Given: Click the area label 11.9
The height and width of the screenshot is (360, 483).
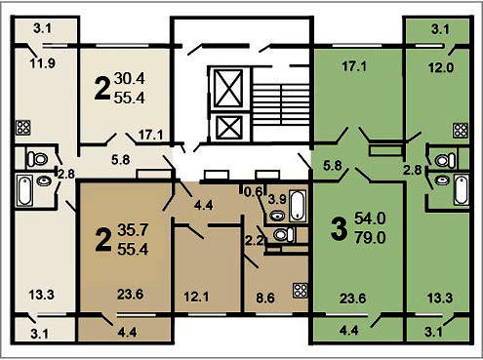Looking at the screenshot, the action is [x=43, y=62].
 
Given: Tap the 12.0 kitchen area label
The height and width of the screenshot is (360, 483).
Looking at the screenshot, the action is [x=440, y=67].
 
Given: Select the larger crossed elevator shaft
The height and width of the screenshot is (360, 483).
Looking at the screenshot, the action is [x=229, y=88].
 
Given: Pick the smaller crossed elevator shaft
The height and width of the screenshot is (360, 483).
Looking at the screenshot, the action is [x=229, y=128].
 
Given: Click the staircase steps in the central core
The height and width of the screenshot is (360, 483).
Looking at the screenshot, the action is [x=281, y=105].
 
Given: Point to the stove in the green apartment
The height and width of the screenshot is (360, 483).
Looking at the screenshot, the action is [x=461, y=130].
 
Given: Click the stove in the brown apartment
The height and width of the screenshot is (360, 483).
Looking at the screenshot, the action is [x=301, y=291].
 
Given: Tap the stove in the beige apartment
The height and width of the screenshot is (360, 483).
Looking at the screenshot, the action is [x=23, y=128].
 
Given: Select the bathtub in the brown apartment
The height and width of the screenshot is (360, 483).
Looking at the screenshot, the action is [x=298, y=207].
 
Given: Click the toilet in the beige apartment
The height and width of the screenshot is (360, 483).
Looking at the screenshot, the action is [x=38, y=159].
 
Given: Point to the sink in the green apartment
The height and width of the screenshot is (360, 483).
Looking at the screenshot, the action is [x=442, y=180].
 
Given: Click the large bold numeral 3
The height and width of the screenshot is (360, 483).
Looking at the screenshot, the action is [x=339, y=229].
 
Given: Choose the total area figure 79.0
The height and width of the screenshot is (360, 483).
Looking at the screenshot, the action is [x=370, y=238].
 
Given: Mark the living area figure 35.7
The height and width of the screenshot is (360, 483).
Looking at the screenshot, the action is [x=133, y=230].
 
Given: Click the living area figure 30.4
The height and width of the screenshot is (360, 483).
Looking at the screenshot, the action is [x=130, y=78].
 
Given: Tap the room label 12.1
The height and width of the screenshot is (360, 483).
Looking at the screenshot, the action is [x=196, y=297].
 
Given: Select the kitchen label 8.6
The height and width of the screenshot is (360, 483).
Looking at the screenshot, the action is [x=265, y=298].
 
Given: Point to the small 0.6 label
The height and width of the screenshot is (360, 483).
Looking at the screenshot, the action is [x=253, y=192].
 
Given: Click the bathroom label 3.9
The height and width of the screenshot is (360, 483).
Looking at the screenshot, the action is [x=277, y=199].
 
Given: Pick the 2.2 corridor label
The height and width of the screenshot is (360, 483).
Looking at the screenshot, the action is [x=254, y=241].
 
